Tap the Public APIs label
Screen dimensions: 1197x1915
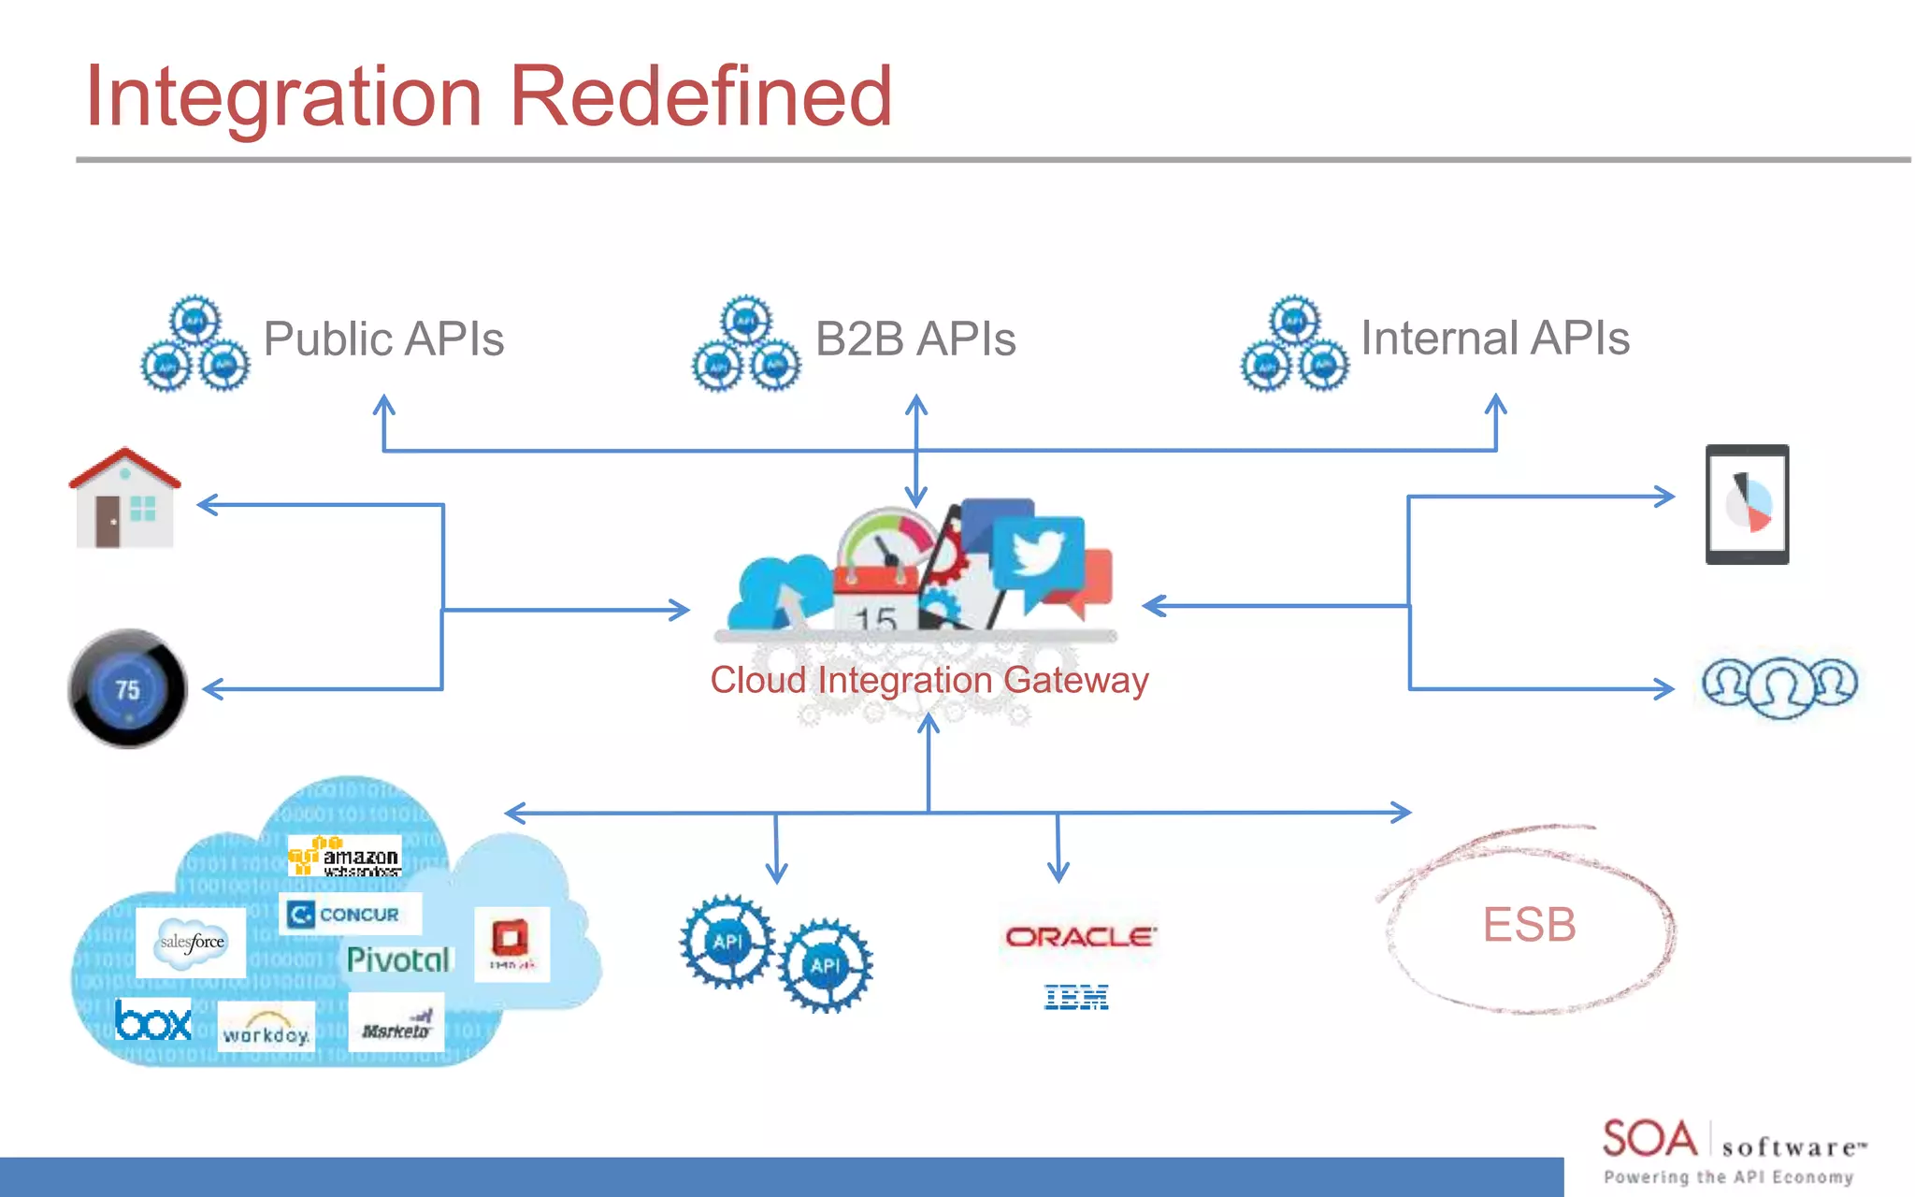click(383, 339)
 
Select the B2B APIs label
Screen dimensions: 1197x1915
click(915, 339)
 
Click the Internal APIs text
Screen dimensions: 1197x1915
click(1494, 338)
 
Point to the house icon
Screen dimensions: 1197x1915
click(124, 499)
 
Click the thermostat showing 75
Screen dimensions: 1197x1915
click(127, 689)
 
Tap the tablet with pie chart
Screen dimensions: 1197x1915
click(1747, 504)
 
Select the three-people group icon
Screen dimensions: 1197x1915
click(1779, 685)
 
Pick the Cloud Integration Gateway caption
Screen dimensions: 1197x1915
click(929, 680)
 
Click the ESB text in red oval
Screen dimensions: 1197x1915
click(1529, 925)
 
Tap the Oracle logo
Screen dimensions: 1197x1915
click(1080, 936)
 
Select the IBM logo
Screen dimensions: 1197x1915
click(1076, 997)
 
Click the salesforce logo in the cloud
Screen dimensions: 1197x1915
click(192, 942)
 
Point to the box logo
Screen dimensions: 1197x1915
click(153, 1020)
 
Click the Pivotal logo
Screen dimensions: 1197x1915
click(398, 959)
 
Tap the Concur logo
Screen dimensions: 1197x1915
click(350, 914)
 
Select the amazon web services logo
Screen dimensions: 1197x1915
click(345, 856)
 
